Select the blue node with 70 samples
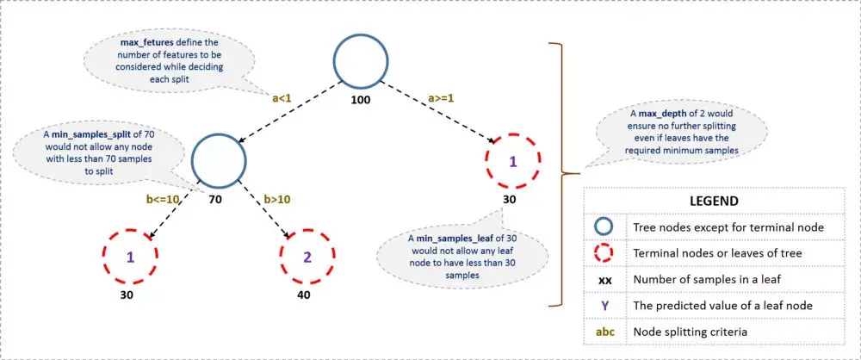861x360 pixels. point(220,158)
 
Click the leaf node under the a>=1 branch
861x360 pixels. point(511,161)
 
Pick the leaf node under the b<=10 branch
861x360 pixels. point(131,256)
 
